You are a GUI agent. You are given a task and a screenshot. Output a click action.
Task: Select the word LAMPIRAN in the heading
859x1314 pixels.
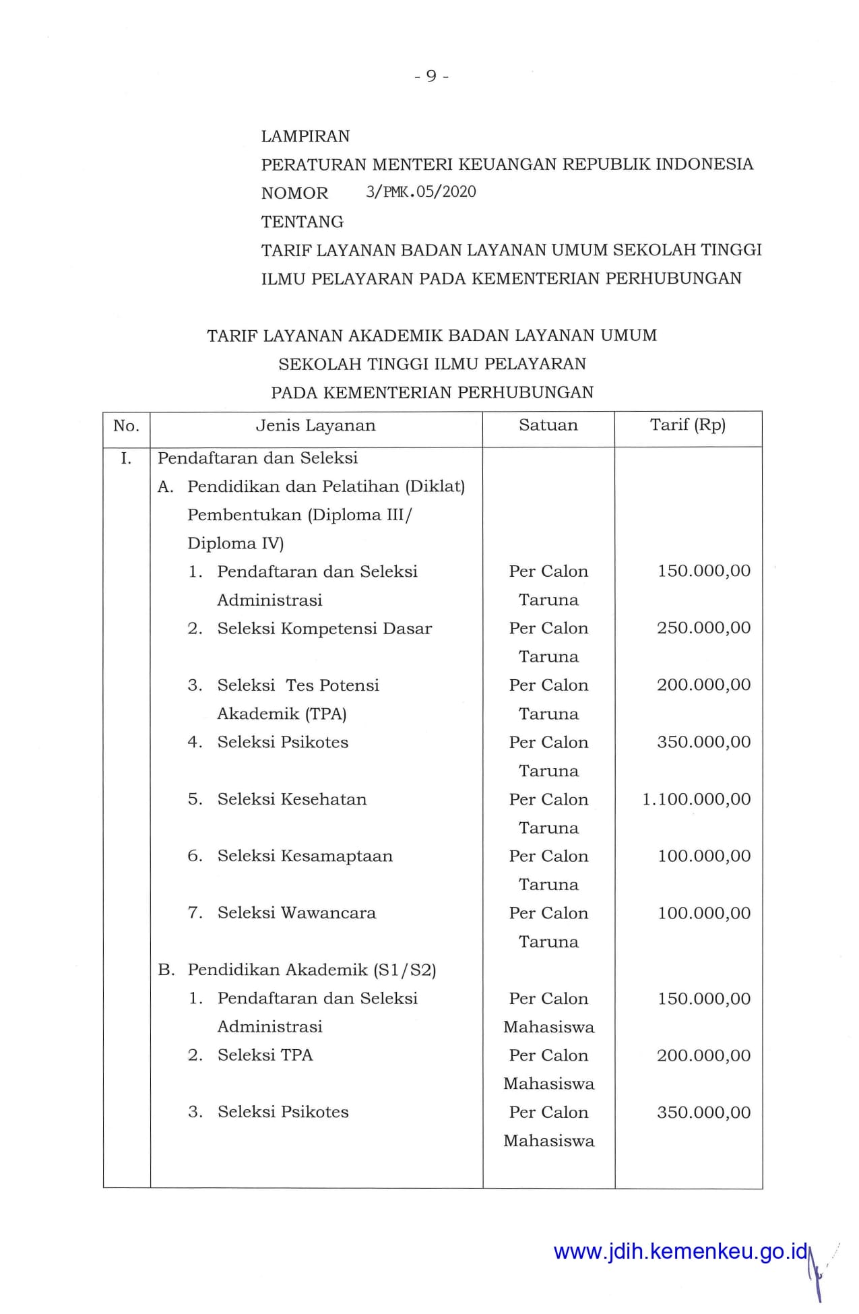coord(305,136)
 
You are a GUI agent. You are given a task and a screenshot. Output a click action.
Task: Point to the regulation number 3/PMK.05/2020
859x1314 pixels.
coord(420,192)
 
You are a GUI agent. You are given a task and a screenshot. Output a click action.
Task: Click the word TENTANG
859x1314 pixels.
coord(302,222)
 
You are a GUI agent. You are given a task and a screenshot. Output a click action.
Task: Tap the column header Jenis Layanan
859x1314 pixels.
coord(315,426)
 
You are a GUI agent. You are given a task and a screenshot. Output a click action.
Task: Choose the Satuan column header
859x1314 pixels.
coord(548,425)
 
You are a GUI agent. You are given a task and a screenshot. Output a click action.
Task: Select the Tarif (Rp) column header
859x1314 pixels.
coord(687,425)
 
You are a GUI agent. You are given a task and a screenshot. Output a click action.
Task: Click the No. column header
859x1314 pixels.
coord(126,426)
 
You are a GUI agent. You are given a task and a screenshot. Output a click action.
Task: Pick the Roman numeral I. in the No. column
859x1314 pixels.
coord(126,459)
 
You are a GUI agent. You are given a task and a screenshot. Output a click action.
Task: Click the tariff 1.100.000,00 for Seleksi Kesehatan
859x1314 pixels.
coord(696,799)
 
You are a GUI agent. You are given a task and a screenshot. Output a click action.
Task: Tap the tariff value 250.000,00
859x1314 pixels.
coord(703,628)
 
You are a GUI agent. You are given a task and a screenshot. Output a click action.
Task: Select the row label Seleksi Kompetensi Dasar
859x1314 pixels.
coord(324,629)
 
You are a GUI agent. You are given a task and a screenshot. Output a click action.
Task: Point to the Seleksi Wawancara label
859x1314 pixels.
coord(296,913)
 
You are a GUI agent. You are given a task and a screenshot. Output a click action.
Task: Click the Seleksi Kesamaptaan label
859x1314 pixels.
coord(305,856)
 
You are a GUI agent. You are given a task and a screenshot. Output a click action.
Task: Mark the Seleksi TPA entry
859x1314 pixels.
coord(265,1055)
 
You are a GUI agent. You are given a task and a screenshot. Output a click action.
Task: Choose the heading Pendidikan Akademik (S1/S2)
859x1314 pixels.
coord(311,970)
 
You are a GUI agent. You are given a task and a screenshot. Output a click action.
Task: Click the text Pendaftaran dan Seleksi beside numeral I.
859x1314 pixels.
coord(257,458)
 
